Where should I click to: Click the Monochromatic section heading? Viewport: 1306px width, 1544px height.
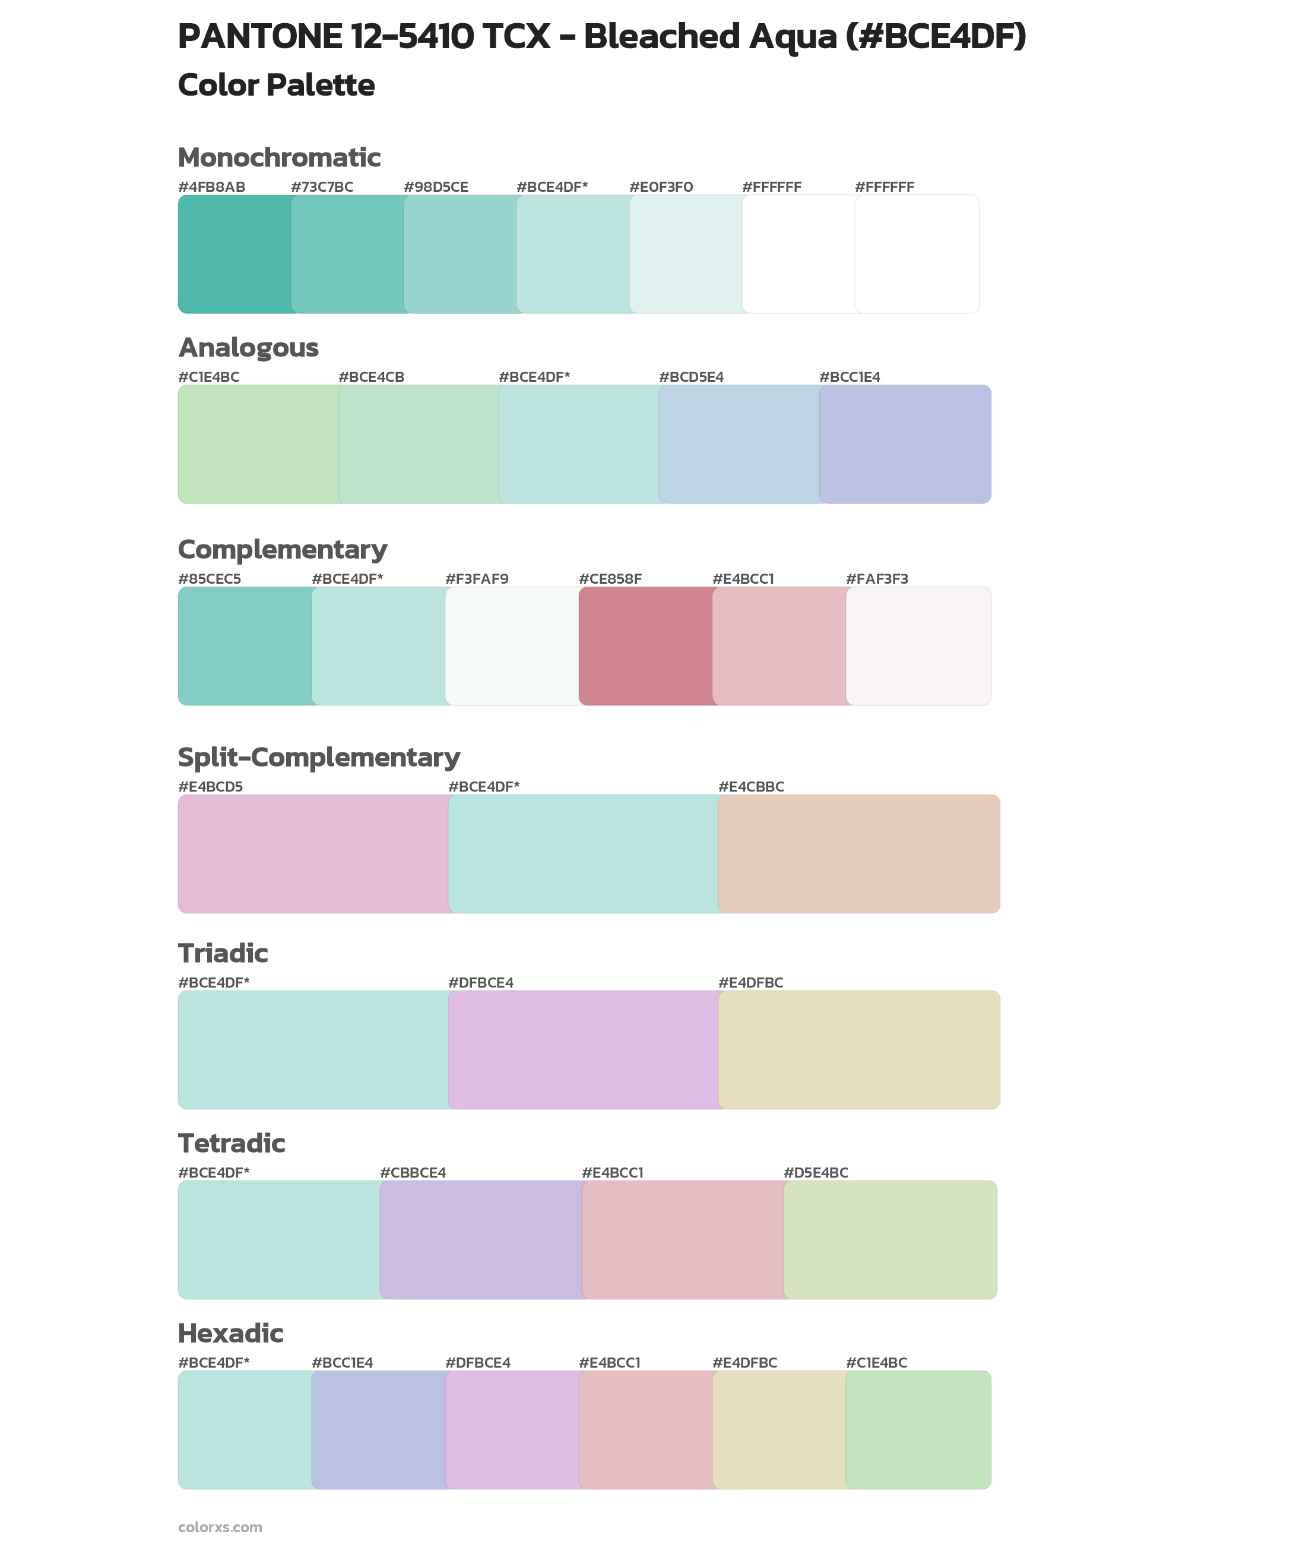coord(279,158)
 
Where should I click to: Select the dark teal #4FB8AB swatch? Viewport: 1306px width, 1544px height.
coord(234,254)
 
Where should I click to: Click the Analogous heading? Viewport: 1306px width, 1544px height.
coord(248,347)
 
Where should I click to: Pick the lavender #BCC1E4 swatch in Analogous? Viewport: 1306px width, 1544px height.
coord(905,444)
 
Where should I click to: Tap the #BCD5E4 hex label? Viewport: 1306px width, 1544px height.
coord(691,377)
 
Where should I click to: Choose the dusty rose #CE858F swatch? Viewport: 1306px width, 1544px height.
coord(646,646)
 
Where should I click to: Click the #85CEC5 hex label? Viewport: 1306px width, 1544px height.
coord(210,578)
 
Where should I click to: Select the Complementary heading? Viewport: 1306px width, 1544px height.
coord(282,549)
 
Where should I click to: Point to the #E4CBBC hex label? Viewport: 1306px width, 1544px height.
coord(751,786)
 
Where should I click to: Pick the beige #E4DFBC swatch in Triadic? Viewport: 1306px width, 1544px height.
coord(859,1049)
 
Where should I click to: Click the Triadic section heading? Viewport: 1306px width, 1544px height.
coord(223,953)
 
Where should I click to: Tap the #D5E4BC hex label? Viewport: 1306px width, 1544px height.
coord(815,1172)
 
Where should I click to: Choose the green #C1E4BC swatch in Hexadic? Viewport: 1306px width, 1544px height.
coord(918,1429)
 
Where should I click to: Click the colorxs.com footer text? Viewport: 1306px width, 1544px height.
coord(220,1527)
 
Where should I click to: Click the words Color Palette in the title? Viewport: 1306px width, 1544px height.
coord(276,85)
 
